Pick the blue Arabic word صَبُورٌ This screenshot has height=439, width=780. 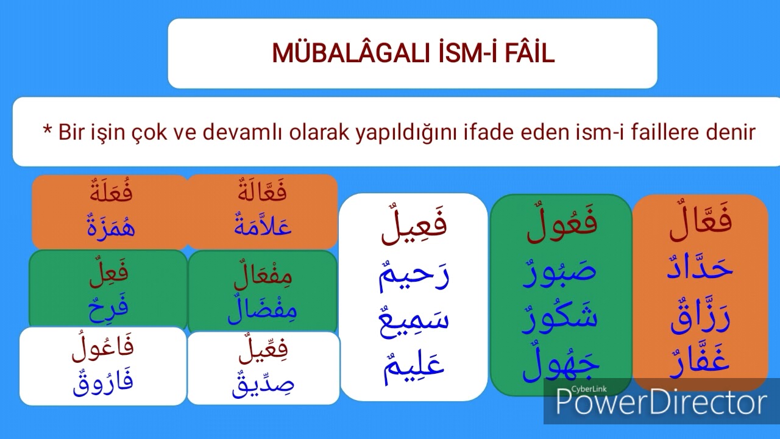point(560,271)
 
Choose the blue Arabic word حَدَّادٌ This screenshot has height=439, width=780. point(700,269)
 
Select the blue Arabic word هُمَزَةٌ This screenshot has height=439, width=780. point(111,227)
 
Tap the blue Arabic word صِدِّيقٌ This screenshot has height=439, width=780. point(263,384)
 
